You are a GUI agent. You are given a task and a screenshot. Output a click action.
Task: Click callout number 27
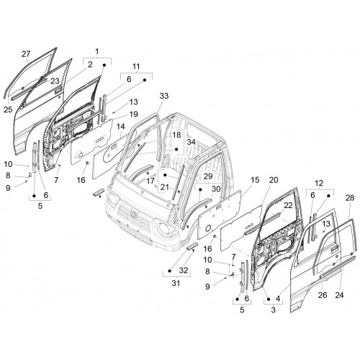(x=26, y=54)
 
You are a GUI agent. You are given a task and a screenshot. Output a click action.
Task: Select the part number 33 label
(x=164, y=96)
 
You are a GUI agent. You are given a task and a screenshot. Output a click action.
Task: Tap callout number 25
(x=8, y=109)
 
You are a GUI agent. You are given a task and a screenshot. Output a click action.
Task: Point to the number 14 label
(x=121, y=126)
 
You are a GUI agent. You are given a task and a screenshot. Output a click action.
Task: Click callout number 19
(x=134, y=114)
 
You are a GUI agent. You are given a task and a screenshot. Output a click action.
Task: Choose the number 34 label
(x=191, y=142)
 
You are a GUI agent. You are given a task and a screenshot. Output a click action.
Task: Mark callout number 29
(x=208, y=176)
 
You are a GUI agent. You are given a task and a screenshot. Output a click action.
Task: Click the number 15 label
(x=255, y=180)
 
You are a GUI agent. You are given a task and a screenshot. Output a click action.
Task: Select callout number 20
(x=274, y=180)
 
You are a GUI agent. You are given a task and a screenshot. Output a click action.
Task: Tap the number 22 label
(x=288, y=205)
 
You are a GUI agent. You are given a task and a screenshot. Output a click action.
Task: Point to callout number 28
(x=350, y=198)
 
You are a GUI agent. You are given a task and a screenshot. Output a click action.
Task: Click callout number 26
(x=323, y=295)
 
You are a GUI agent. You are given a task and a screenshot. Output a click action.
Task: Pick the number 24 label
(x=339, y=295)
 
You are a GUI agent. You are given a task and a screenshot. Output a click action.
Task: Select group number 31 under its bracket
(x=176, y=283)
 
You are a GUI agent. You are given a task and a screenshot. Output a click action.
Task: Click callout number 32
(x=184, y=271)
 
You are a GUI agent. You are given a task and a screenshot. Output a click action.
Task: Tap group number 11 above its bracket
(x=136, y=66)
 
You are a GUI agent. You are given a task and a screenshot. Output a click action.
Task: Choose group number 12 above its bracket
(x=319, y=183)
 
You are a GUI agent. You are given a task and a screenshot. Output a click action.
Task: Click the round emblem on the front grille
(x=133, y=214)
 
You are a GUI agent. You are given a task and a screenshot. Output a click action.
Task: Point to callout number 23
(x=55, y=81)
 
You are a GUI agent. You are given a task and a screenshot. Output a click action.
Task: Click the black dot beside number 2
(x=104, y=65)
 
